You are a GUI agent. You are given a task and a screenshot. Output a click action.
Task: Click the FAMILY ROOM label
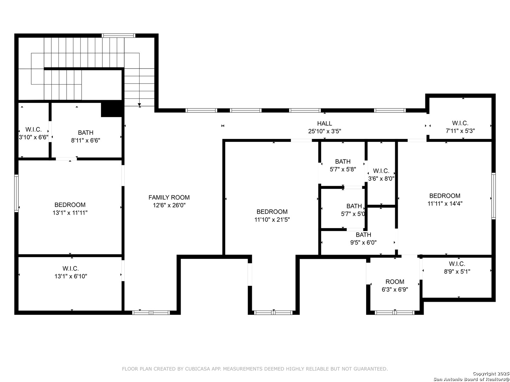(x=169, y=197)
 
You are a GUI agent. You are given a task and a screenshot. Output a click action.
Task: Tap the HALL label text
(x=324, y=123)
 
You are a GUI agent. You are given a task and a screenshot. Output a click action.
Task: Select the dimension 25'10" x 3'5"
(x=324, y=131)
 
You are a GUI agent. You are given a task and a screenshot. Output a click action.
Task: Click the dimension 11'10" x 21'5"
(x=272, y=219)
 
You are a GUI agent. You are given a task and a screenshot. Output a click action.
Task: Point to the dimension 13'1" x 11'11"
(x=70, y=213)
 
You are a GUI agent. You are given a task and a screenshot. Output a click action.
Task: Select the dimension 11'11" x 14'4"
(x=445, y=203)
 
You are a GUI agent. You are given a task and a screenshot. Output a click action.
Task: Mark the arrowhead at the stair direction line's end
(x=140, y=105)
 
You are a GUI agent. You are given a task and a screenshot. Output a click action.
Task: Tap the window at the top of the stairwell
(x=118, y=35)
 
